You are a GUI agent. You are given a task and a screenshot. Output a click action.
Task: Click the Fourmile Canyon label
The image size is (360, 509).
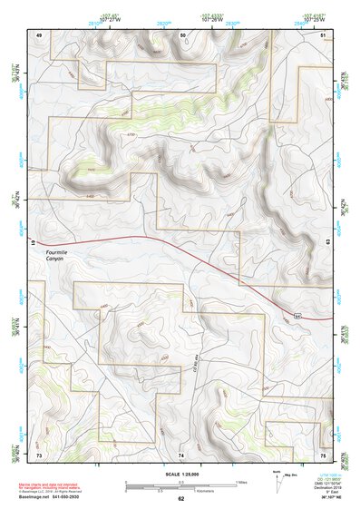click(x=61, y=256)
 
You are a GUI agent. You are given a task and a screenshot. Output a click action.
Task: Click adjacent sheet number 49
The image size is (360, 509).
click(x=39, y=34)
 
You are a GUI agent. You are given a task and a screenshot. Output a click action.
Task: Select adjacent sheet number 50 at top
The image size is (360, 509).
click(x=182, y=34)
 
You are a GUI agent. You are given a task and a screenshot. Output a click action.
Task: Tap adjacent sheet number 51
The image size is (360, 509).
click(x=324, y=34)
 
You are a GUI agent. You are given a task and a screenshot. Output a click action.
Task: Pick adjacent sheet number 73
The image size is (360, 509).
click(x=39, y=454)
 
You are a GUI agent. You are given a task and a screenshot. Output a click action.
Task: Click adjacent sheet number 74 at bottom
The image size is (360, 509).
click(x=181, y=454)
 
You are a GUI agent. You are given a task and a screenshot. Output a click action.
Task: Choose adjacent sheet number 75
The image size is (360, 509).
click(x=324, y=454)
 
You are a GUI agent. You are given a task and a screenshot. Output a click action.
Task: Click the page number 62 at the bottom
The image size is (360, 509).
click(x=180, y=499)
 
